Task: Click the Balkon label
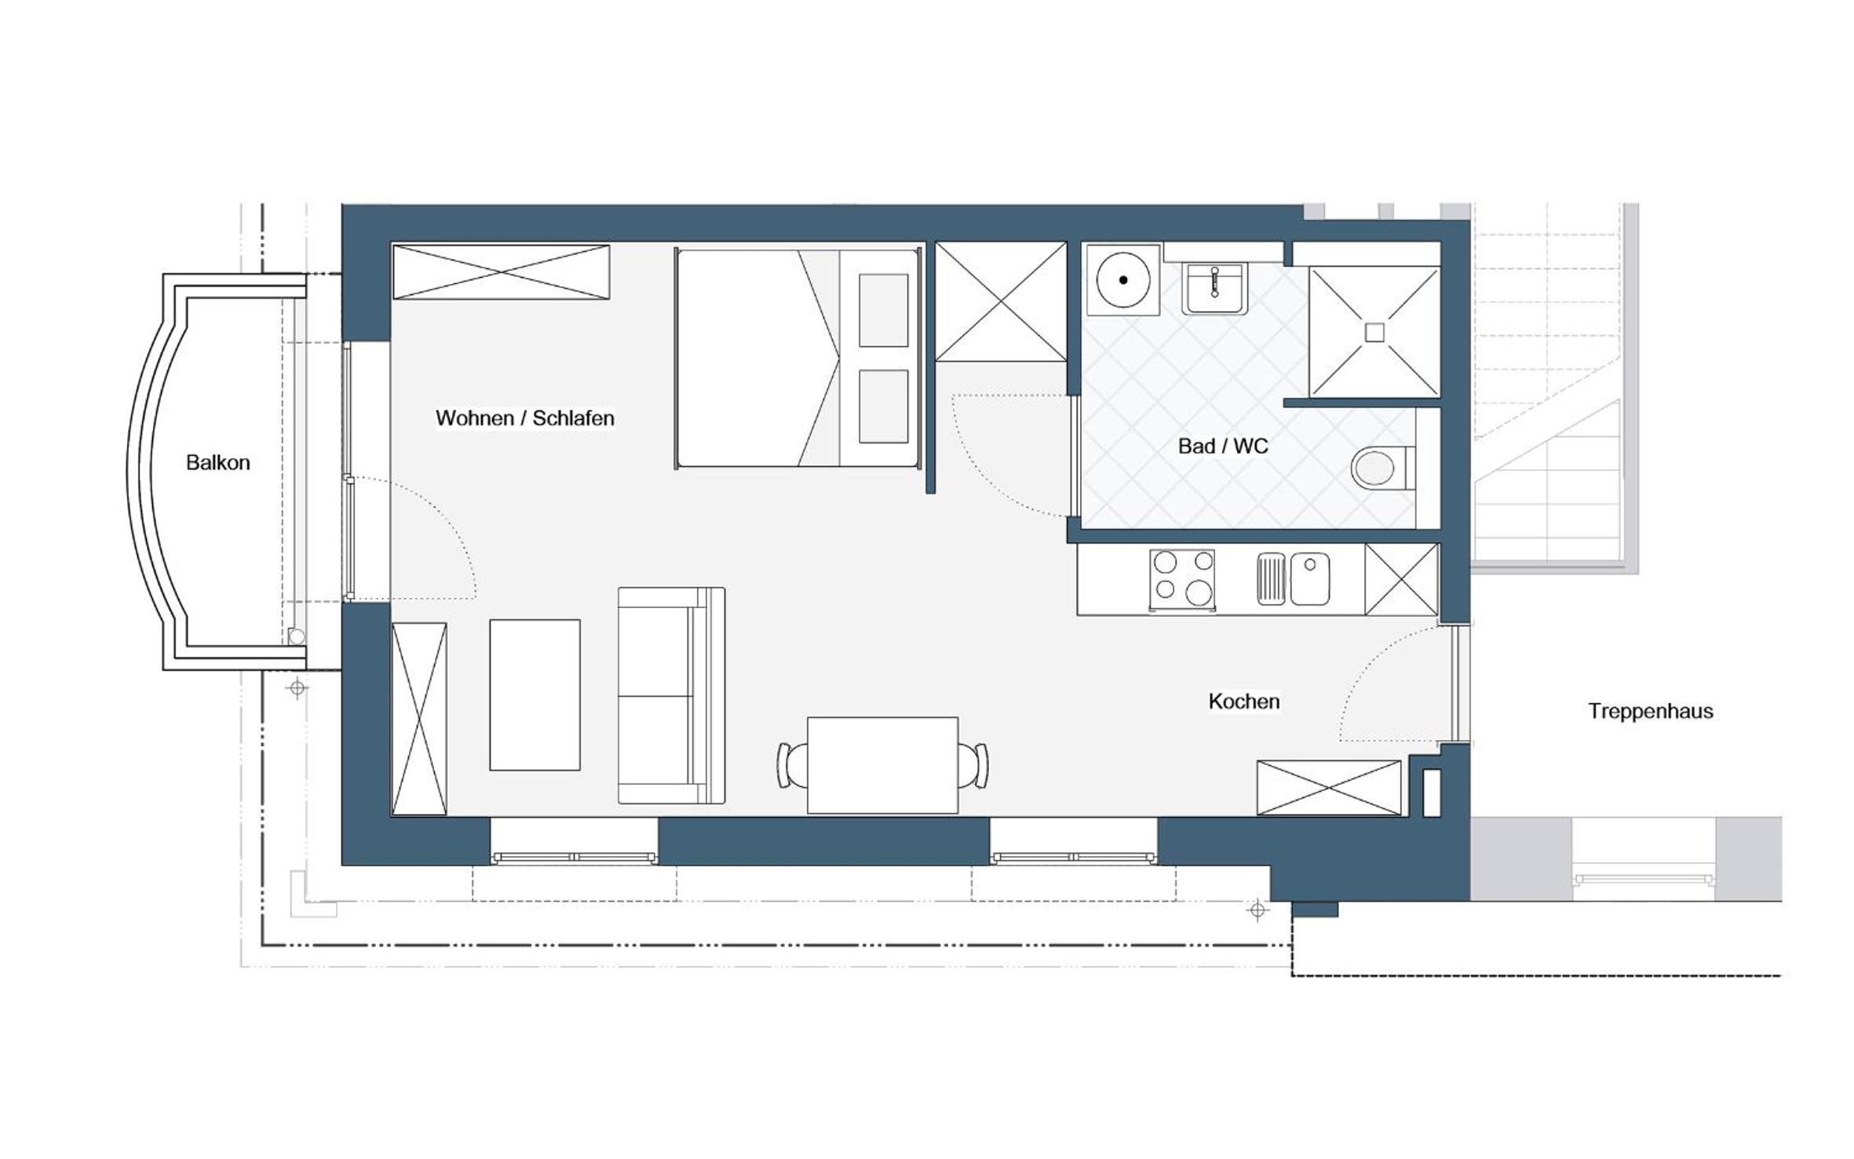pyautogui.click(x=217, y=462)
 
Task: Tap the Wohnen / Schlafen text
pyautogui.click(x=525, y=417)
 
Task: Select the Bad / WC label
pyautogui.click(x=1223, y=446)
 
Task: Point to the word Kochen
pyautogui.click(x=1244, y=701)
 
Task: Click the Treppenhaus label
pyautogui.click(x=1651, y=711)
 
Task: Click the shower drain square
pyautogui.click(x=1374, y=333)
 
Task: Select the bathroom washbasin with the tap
pyautogui.click(x=1215, y=288)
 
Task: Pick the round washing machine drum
pyautogui.click(x=1123, y=279)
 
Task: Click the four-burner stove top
pyautogui.click(x=1182, y=579)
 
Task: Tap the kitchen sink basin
pyautogui.click(x=1310, y=579)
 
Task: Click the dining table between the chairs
pyautogui.click(x=882, y=765)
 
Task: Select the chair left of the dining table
pyautogui.click(x=791, y=765)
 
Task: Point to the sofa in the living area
pyautogui.click(x=671, y=695)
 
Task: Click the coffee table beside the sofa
pyautogui.click(x=535, y=694)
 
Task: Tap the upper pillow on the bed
pyautogui.click(x=883, y=310)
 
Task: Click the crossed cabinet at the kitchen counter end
pyautogui.click(x=1401, y=579)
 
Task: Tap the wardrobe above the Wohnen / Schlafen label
pyautogui.click(x=501, y=272)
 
